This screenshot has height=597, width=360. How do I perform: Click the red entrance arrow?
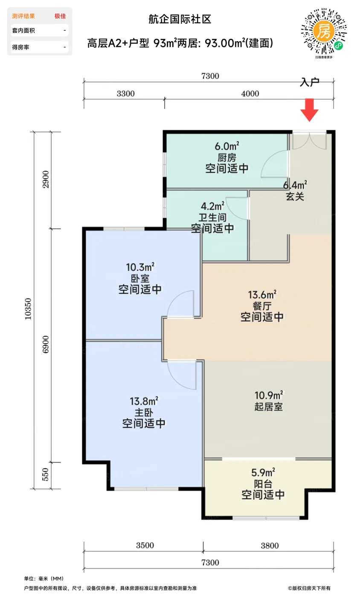pos(309,110)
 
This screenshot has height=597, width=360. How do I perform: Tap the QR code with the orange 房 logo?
pos(324,31)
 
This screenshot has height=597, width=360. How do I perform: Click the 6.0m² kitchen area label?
pos(227,146)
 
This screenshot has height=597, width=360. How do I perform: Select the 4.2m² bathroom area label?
pos(212,206)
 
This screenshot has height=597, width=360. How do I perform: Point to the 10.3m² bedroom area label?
pos(140,267)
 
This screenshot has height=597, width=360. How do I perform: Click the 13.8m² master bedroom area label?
pos(144,401)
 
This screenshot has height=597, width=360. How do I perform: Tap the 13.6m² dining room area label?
pos(262,295)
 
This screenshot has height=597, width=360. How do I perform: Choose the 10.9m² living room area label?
pos(269,395)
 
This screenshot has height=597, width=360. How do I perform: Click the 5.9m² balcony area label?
pos(263,472)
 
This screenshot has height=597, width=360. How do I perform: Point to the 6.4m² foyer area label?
pos(295,185)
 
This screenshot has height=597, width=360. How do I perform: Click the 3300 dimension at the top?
pos(125,94)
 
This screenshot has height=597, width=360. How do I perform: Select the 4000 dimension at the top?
pos(250,94)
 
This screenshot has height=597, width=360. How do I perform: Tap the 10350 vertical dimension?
pos(28,309)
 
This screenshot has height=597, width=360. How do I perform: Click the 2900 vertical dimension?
pos(46,180)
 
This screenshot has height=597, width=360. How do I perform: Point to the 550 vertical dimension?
pos(45,474)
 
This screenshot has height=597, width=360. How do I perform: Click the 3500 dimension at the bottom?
pos(145,545)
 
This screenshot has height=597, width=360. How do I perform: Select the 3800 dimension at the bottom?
pos(270,545)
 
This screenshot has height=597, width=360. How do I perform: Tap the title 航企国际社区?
pos(180,19)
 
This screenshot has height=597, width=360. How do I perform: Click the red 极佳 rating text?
pos(60,16)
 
